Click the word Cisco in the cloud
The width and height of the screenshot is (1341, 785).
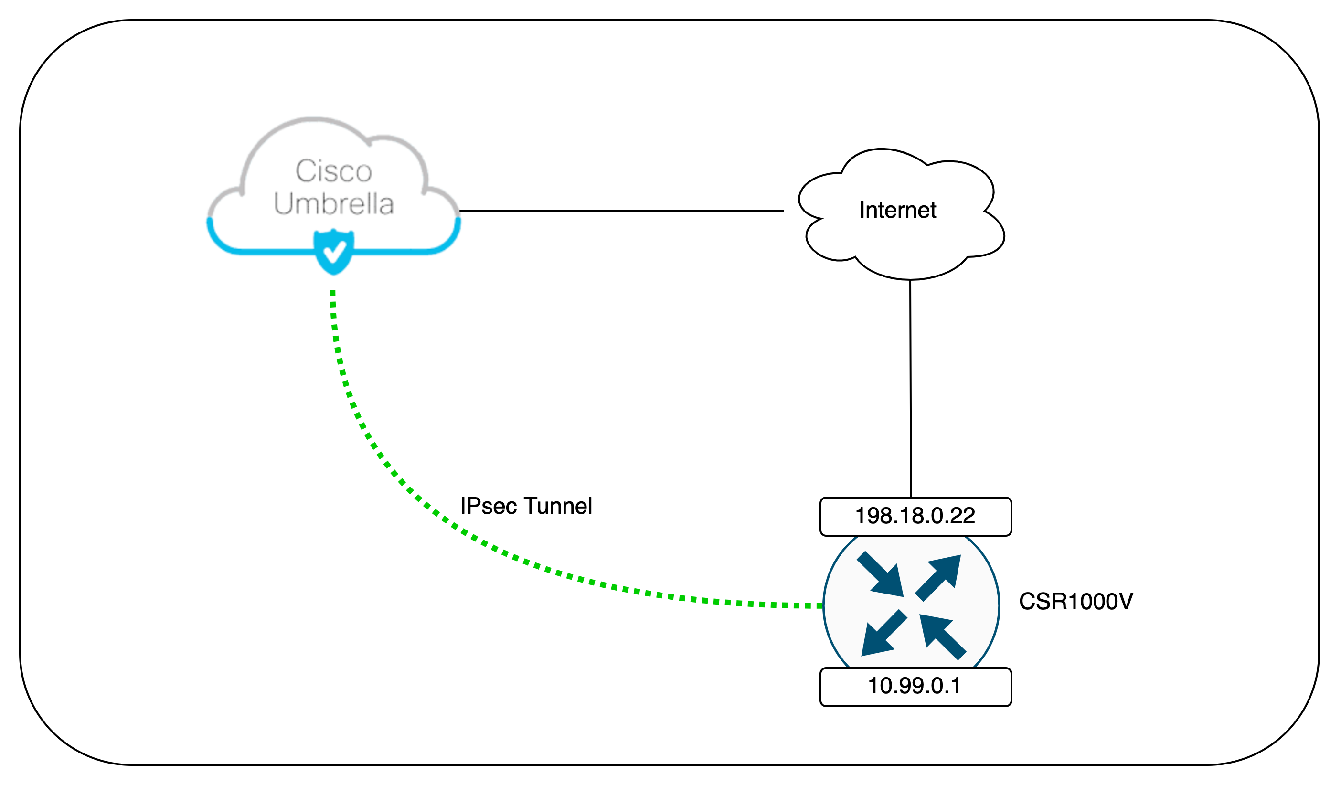pos(334,171)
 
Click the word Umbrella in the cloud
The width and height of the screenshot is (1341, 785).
pos(334,204)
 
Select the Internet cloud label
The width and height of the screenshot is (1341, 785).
pos(898,210)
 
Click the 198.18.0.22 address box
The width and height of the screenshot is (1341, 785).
pos(915,516)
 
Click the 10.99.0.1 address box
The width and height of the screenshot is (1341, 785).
pos(915,687)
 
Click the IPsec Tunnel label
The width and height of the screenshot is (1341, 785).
pos(526,506)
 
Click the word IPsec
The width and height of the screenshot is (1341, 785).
pos(488,506)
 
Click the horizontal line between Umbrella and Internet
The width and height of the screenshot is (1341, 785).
pos(621,211)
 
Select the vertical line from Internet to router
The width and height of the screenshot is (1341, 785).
pos(911,389)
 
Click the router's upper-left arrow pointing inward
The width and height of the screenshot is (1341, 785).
pos(882,575)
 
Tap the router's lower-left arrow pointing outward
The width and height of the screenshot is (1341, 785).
pos(882,635)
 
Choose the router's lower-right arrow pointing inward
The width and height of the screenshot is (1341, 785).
pos(941,636)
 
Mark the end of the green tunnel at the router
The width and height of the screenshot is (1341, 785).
pos(819,605)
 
